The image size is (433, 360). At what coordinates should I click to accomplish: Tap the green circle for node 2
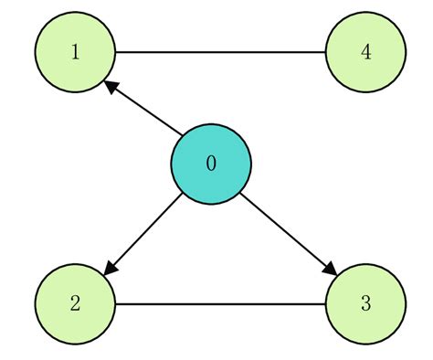(x=75, y=303)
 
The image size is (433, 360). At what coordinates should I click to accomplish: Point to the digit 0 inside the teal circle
(x=211, y=164)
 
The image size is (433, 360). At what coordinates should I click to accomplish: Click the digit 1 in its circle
(x=75, y=52)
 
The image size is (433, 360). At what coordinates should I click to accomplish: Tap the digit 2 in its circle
(x=75, y=304)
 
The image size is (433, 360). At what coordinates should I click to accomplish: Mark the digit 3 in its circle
(x=365, y=304)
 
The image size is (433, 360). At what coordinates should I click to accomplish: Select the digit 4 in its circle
(x=365, y=52)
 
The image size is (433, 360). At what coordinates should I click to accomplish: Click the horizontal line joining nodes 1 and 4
(x=219, y=52)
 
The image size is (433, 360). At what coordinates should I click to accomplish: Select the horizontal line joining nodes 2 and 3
(x=219, y=304)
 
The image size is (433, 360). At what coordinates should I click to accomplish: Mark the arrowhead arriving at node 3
(x=330, y=270)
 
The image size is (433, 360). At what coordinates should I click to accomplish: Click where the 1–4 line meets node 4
(x=325, y=52)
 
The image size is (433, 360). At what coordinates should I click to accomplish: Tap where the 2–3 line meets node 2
(x=115, y=304)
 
